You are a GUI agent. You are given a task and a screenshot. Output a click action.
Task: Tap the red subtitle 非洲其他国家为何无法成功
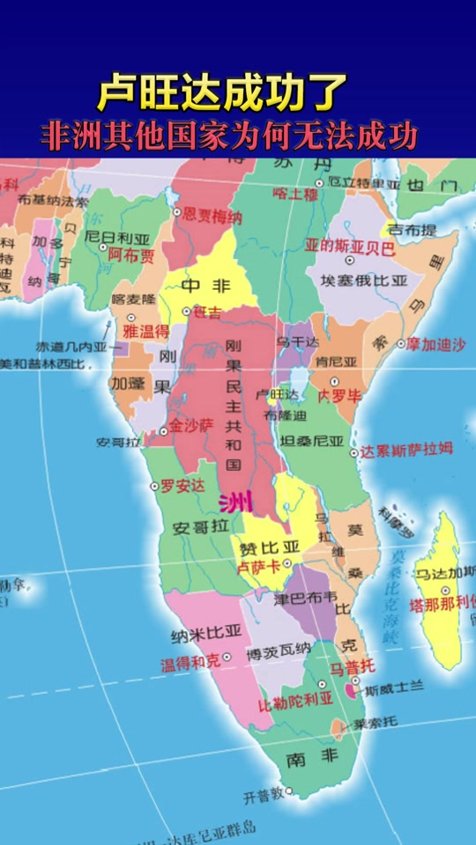pos(229,137)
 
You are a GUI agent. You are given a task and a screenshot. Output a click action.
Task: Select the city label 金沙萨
pos(192,425)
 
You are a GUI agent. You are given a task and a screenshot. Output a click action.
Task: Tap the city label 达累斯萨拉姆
pos(406,449)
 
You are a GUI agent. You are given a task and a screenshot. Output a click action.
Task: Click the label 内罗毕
pos(340,395)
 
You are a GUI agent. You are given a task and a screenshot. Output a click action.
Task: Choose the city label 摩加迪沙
pos(436,345)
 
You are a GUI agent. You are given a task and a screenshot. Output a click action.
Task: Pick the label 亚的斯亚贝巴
pos(350,247)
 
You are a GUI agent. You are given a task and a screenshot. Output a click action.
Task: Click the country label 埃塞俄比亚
pos(364,281)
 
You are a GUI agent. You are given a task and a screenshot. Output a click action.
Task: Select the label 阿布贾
pos(131,255)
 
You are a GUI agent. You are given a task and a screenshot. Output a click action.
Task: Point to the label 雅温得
pos(145,331)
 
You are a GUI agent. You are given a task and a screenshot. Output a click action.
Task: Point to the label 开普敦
pos(264,795)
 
